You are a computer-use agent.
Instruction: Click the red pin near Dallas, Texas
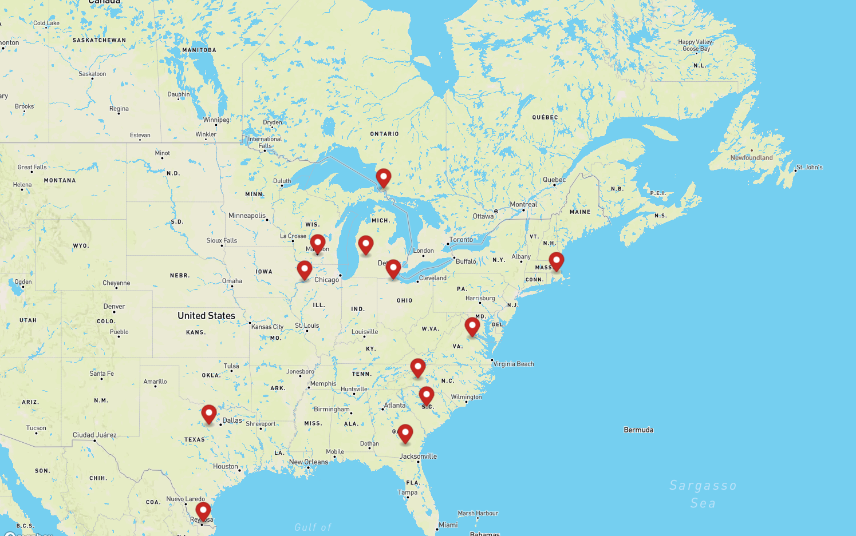click(209, 414)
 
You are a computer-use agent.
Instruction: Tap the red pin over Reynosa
click(203, 510)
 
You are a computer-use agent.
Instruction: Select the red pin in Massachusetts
click(556, 261)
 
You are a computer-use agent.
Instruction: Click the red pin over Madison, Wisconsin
click(318, 243)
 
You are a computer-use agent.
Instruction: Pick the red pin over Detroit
click(393, 268)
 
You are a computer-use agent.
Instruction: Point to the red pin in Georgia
click(405, 433)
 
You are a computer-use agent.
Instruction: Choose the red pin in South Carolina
click(427, 395)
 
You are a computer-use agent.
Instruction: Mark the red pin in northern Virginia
click(472, 326)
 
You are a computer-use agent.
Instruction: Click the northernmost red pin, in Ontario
click(384, 177)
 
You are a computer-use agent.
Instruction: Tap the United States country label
click(206, 316)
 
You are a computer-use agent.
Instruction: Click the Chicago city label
click(326, 280)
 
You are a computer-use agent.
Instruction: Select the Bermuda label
click(638, 430)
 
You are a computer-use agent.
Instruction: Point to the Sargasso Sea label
click(703, 494)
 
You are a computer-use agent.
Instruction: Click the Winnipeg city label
click(216, 120)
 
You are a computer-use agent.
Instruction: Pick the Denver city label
click(114, 307)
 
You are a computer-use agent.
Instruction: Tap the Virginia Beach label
click(514, 364)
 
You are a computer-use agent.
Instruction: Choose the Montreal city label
click(523, 204)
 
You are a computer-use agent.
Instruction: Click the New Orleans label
click(309, 462)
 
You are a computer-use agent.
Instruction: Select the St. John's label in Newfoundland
click(809, 167)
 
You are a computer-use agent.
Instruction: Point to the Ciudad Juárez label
click(94, 435)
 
